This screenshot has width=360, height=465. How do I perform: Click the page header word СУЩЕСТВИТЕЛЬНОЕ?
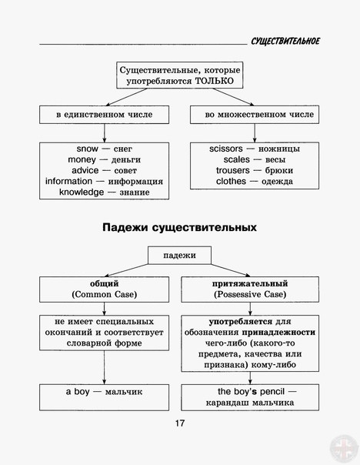(285, 41)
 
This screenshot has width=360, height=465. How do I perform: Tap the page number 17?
(179, 423)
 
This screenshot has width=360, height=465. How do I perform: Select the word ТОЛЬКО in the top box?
(215, 81)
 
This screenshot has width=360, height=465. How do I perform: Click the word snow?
(87, 149)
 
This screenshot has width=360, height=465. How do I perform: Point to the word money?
(82, 159)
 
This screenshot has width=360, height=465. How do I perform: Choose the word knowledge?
(82, 192)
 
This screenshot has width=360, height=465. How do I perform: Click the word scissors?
(226, 149)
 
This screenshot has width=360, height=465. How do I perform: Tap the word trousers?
(232, 170)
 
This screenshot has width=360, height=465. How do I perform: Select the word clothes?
(231, 181)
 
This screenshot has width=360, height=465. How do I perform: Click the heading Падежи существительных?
(179, 228)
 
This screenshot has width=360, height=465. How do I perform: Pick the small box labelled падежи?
(179, 255)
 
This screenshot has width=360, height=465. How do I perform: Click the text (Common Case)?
(105, 295)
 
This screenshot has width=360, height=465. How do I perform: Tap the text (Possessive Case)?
(250, 295)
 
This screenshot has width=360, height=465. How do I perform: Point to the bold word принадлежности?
(278, 333)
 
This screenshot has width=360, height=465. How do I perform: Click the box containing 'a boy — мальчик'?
(105, 397)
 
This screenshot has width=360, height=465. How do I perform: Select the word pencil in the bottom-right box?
(272, 392)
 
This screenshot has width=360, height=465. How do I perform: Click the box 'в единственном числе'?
(105, 115)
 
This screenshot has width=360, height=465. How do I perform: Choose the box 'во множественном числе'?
(255, 115)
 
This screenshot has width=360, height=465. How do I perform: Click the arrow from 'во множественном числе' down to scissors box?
(255, 133)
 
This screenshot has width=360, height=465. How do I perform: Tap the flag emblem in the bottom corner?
(345, 450)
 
